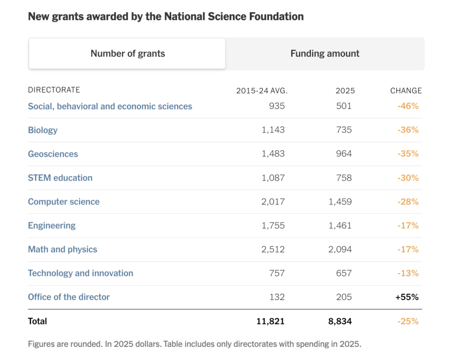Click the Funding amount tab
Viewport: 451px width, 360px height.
click(x=325, y=53)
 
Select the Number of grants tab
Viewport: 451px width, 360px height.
click(x=127, y=53)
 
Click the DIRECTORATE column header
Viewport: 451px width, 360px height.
click(x=54, y=90)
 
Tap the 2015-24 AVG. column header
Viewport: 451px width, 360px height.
click(x=262, y=91)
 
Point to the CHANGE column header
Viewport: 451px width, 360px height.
click(x=406, y=91)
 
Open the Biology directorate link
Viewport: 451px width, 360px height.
click(x=43, y=130)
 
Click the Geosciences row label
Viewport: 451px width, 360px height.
click(x=53, y=154)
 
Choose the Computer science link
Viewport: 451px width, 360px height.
click(x=63, y=202)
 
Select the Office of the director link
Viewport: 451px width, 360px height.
click(x=69, y=297)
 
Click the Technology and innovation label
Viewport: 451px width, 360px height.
click(x=81, y=273)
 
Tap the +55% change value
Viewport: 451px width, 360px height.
click(x=407, y=297)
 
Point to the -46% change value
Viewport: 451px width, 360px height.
click(x=408, y=106)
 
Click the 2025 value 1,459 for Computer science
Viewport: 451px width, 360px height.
click(x=340, y=202)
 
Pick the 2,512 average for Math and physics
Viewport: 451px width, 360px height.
click(x=273, y=249)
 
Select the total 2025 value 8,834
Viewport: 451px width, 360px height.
click(x=340, y=321)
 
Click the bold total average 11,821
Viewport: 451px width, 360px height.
click(x=270, y=321)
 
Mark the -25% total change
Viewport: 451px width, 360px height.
click(x=408, y=321)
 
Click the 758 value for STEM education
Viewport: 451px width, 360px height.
click(x=344, y=178)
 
